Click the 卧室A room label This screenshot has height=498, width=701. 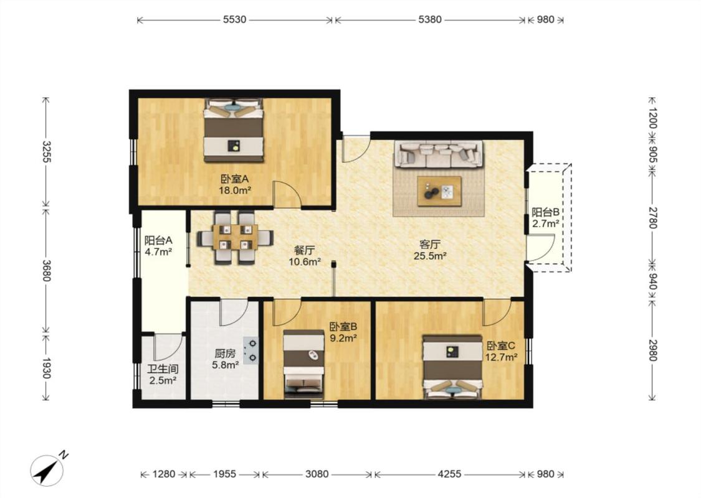tap(234, 179)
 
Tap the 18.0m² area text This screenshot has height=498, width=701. tap(234, 190)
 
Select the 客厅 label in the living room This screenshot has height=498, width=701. tap(430, 244)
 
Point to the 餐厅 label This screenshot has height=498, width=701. tap(304, 250)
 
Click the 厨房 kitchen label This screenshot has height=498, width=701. tap(224, 354)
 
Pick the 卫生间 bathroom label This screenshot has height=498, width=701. tap(163, 369)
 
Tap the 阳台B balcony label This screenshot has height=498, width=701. tap(545, 212)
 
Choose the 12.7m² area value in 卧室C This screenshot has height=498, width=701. tap(501, 357)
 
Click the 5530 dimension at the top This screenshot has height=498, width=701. tap(235, 20)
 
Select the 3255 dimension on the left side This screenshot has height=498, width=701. tap(46, 152)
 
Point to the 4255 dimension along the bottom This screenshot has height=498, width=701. tap(449, 474)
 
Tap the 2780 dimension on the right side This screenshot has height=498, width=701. tap(652, 217)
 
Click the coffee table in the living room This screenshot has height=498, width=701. tap(439, 191)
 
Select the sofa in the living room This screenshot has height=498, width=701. tap(439, 154)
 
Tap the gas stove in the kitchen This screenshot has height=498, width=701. tap(251, 350)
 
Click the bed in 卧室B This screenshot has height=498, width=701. tap(303, 364)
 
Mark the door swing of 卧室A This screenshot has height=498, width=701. tap(287, 194)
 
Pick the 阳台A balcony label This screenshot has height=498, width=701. tap(158, 240)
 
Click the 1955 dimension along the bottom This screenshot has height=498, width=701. tap(224, 474)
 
